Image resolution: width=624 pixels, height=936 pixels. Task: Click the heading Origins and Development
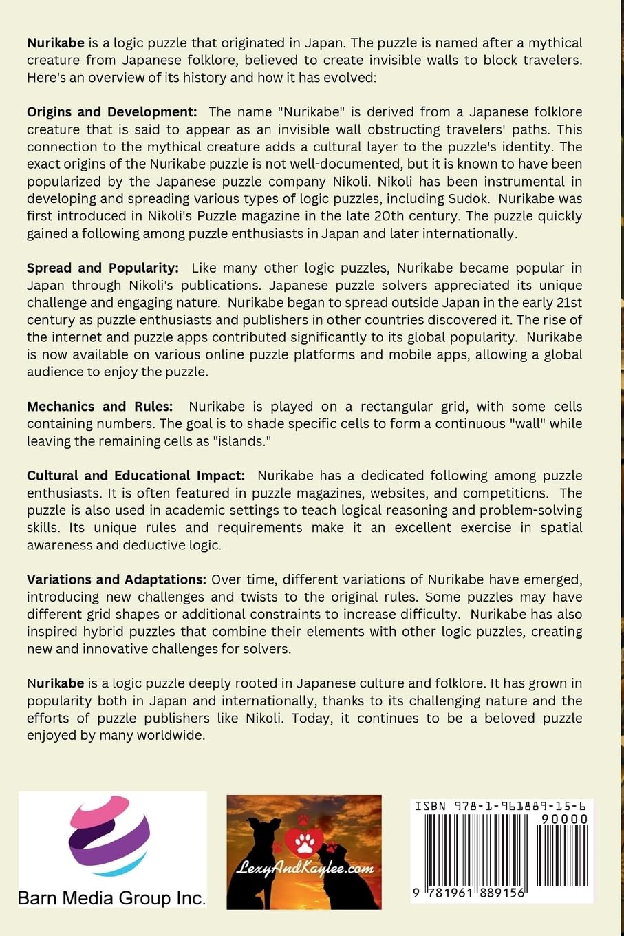point(111,112)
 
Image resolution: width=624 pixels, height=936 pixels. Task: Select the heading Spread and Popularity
point(103,268)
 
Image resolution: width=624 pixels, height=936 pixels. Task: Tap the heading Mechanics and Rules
point(100,407)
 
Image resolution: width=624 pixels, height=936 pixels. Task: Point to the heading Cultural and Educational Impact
point(136,476)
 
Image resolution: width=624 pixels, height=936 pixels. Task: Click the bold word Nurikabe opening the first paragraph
point(56,43)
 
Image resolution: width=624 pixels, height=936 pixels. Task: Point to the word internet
point(80,337)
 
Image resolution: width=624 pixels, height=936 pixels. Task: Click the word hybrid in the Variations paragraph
point(88,632)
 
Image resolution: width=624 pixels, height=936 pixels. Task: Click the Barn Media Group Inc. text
point(111,897)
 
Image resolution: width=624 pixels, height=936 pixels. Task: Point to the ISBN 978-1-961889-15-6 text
point(501,806)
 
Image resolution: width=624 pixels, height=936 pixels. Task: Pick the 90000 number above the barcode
point(564,819)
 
